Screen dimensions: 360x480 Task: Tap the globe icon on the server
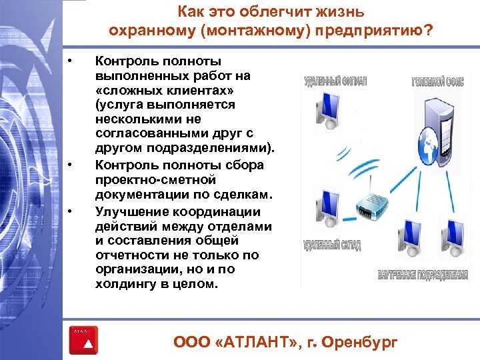tap(423, 142)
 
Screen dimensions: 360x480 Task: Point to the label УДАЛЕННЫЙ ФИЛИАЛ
tap(335, 81)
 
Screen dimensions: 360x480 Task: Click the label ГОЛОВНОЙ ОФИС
tap(437, 83)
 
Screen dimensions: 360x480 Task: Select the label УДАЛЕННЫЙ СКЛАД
tap(332, 245)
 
